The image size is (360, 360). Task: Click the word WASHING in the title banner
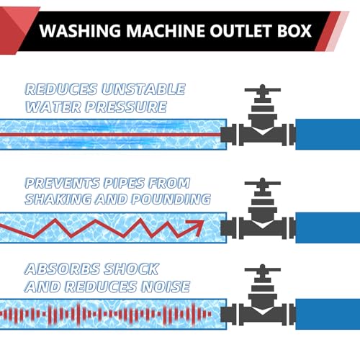80,31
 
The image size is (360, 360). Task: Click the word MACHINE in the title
166,31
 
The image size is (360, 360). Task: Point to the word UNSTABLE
143,89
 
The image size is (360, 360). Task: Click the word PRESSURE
126,107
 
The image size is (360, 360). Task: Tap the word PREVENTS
63,184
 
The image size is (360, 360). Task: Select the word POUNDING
171,199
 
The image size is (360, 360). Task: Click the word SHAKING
58,199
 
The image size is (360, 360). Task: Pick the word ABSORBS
63,269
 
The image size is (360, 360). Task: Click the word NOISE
166,287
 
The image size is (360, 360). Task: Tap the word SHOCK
132,269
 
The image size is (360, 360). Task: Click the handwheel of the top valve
263,90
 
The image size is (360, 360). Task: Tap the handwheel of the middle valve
263,183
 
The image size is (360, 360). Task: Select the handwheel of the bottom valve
263,269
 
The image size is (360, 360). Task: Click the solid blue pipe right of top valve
328,135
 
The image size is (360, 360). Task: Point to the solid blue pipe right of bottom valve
328,314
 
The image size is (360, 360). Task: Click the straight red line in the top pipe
110,135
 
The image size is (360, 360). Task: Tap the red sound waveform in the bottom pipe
106,314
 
